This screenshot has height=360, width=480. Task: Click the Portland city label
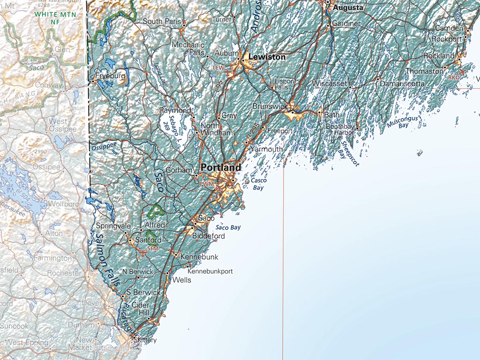221,167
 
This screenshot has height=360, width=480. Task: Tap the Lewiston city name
267,57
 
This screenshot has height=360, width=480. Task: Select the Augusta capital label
348,8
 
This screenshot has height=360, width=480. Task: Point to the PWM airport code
206,185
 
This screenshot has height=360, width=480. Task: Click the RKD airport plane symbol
464,72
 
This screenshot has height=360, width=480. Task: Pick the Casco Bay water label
258,184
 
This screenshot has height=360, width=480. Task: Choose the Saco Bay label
228,227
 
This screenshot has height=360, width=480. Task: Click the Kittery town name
147,340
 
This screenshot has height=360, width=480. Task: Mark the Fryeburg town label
110,75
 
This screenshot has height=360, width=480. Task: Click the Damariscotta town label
402,83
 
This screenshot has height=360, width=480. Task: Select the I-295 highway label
251,136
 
